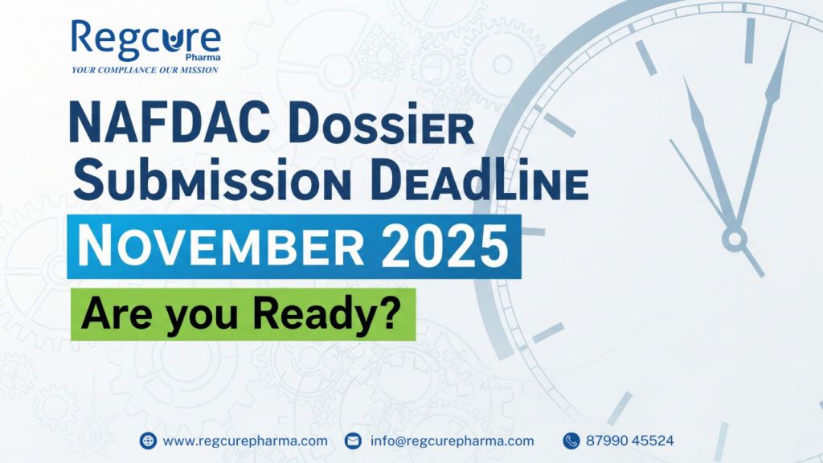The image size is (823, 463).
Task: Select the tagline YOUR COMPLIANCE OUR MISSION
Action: tap(145, 70)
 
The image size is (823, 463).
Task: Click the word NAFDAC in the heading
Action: tap(170, 124)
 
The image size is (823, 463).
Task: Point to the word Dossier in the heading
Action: tap(382, 125)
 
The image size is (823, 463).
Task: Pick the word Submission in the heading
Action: tap(212, 179)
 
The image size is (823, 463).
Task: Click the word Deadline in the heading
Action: tap(479, 180)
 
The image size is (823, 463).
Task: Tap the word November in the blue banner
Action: tap(221, 246)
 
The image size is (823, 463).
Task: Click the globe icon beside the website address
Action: tap(148, 440)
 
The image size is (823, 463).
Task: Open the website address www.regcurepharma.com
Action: tap(245, 441)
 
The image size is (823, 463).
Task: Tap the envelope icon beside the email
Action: tap(354, 440)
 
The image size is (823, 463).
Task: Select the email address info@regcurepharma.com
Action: tap(452, 441)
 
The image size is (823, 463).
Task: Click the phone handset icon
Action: tap(571, 440)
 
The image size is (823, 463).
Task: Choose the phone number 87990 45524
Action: tap(630, 440)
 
